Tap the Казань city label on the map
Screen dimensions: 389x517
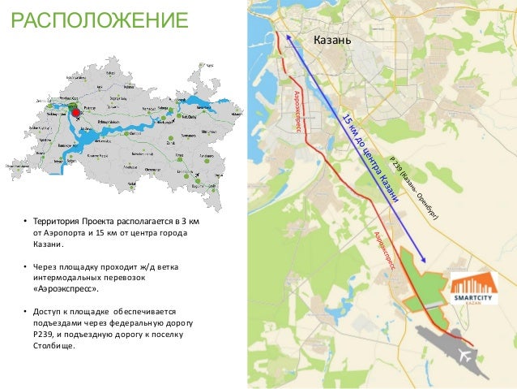[x=332, y=41]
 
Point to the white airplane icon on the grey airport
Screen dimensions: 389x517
[x=468, y=355]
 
